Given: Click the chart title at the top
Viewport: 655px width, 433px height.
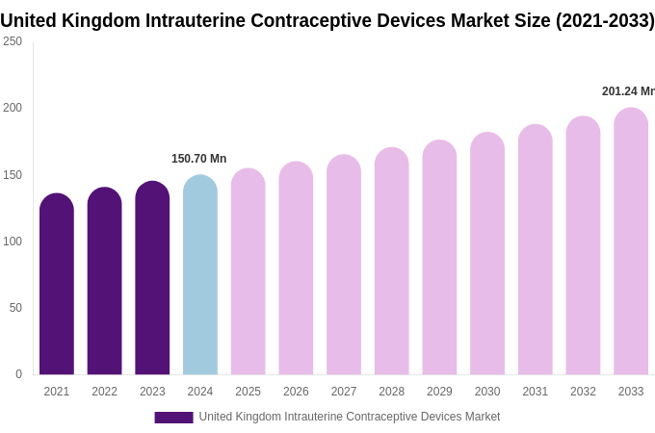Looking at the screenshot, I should click(327, 20).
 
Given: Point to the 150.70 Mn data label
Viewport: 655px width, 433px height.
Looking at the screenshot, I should click(198, 159).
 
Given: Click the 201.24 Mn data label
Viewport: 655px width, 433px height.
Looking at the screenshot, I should click(628, 91).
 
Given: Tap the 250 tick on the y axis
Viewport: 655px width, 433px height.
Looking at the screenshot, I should click(13, 41).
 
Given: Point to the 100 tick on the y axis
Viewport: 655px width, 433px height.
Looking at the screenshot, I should click(13, 242).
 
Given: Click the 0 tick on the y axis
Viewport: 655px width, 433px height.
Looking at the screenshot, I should click(18, 374).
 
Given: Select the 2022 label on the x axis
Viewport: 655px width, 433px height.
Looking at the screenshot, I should click(104, 392).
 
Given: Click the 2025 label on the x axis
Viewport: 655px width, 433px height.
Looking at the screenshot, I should click(248, 392).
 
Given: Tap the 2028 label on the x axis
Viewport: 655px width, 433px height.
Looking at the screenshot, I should click(391, 392).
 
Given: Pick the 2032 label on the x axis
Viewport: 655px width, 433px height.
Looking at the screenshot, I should click(583, 392).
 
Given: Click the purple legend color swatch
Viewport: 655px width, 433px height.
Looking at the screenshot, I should click(173, 418).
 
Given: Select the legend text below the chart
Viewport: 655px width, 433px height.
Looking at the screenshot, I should click(350, 417).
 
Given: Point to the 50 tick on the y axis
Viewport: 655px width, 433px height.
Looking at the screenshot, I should click(15, 308).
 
